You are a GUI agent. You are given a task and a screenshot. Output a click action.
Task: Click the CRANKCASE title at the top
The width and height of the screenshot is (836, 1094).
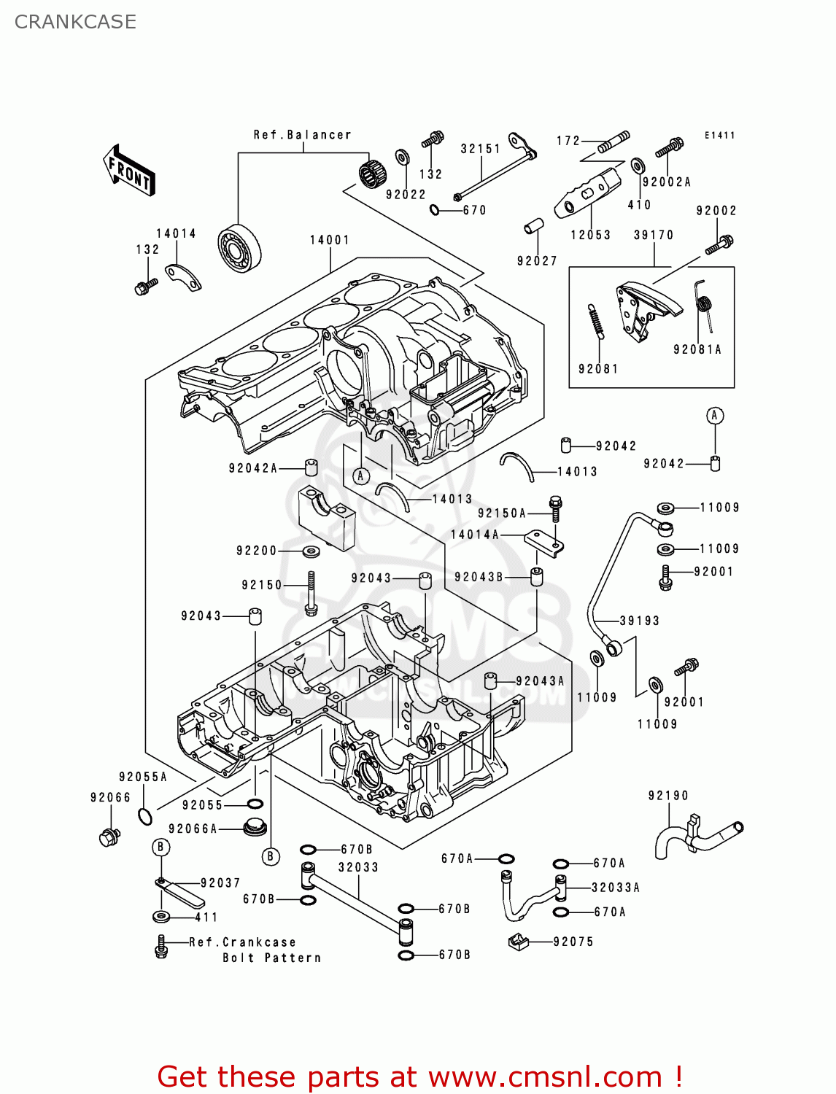(75, 22)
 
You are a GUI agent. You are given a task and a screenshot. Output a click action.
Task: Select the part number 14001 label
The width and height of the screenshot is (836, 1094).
(329, 240)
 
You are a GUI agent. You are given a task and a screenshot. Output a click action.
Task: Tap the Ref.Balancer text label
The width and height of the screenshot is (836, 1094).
(302, 135)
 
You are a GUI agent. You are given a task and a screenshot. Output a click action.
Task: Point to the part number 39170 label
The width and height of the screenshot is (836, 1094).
(653, 235)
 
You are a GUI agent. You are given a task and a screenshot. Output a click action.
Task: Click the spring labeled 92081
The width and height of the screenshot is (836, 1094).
(595, 322)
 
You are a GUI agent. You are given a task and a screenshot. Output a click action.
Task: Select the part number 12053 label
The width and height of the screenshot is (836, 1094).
(590, 235)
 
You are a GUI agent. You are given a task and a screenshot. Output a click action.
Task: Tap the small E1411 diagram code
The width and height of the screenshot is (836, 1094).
(719, 136)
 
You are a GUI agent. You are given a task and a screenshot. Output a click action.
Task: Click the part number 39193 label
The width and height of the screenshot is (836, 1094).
(639, 621)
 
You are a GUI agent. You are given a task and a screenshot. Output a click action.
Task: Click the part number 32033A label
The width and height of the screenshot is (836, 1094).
(615, 888)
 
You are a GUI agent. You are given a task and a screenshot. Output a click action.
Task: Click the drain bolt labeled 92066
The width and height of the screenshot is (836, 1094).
(109, 837)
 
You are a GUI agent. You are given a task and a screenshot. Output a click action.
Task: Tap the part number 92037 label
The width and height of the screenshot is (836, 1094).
(220, 883)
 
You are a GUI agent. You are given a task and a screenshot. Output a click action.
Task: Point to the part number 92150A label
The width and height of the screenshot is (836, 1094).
(501, 513)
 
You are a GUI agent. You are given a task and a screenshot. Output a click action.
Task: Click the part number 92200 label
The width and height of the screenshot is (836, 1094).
(257, 551)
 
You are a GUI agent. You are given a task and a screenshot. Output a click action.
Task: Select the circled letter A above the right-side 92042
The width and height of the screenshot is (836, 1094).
(715, 416)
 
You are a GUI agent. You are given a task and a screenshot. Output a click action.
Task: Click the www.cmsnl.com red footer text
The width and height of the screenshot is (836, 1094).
(544, 1077)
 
